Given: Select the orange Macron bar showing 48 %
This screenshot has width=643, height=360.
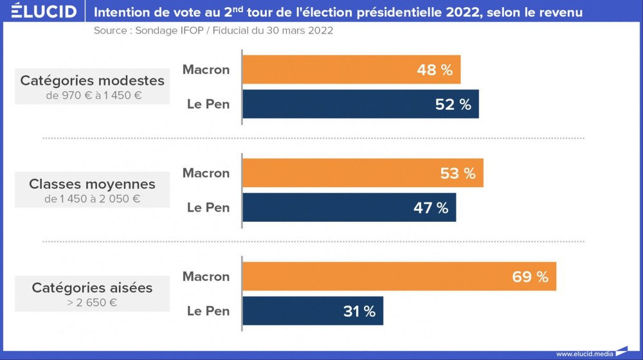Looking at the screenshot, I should (x=351, y=69).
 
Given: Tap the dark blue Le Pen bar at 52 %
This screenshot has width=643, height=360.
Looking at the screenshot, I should (x=360, y=104).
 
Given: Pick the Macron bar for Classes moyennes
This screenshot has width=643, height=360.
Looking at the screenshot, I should (x=363, y=173).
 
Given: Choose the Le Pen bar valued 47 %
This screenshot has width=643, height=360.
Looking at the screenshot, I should (x=349, y=208).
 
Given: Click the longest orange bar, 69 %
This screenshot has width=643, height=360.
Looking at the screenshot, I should (x=399, y=276).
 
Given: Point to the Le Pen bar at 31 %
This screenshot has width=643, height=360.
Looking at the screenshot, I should (x=312, y=311).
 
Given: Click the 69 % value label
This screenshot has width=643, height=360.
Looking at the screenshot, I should (x=530, y=277).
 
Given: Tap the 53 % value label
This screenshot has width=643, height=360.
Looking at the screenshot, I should (x=458, y=174).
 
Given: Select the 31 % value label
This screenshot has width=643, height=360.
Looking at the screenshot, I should (x=359, y=312).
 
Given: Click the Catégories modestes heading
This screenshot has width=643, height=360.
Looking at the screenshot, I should (x=92, y=80).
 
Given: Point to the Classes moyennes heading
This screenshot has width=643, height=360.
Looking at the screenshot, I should (x=92, y=184).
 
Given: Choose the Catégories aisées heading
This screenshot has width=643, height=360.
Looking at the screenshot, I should (x=92, y=287).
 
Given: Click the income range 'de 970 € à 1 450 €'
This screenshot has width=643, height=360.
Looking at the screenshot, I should (x=92, y=96).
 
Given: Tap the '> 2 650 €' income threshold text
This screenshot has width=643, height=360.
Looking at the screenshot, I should (x=92, y=302).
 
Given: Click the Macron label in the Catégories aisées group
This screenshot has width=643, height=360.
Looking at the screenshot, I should (x=206, y=276).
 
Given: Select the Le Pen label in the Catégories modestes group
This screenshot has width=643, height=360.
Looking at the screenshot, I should (x=208, y=104).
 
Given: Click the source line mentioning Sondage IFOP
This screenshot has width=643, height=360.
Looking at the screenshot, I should (x=213, y=31).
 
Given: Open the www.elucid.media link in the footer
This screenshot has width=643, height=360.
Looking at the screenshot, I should (x=584, y=353).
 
